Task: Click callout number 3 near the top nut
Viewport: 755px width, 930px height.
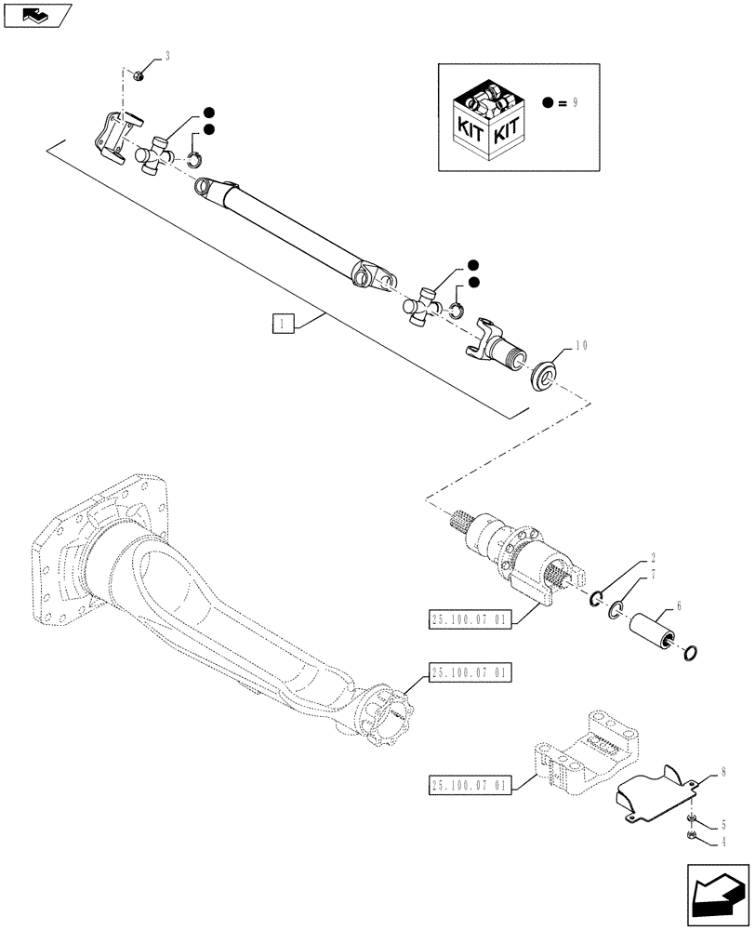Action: point(168,58)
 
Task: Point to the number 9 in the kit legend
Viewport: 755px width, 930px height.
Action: point(576,104)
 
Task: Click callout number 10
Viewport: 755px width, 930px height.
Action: point(582,345)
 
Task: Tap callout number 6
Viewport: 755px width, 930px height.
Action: point(679,605)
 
